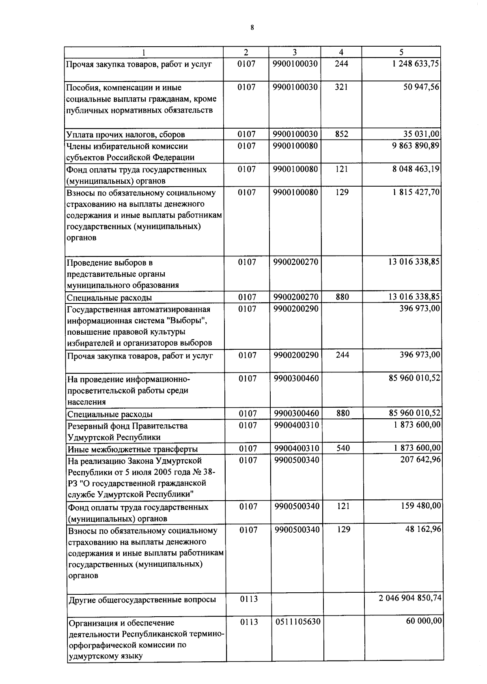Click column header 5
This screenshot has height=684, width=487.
tap(401, 52)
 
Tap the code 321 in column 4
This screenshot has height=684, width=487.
tap(341, 87)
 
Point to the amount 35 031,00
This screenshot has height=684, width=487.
tap(421, 134)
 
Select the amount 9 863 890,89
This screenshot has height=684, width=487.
tap(416, 145)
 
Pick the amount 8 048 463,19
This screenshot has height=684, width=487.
tap(416, 169)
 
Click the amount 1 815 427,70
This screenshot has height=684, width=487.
tap(416, 192)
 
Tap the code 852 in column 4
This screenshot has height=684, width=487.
tap(341, 134)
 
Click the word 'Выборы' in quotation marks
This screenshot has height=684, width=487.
tap(187, 321)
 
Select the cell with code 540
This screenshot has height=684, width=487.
tap(343, 448)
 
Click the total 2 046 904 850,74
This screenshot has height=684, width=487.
tap(410, 598)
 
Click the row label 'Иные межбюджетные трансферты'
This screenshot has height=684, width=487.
tap(133, 449)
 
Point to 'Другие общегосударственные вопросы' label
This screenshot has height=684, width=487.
tap(142, 600)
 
